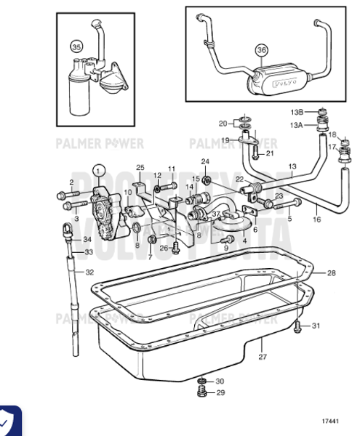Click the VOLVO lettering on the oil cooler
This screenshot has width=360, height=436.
[284, 84]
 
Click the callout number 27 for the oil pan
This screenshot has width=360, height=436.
[263, 357]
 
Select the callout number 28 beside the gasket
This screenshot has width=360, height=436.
[331, 273]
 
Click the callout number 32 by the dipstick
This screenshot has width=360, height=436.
[89, 272]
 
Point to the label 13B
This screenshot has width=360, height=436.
[316, 113]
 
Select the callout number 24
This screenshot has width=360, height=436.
[205, 161]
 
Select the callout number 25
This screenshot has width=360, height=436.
[140, 168]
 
